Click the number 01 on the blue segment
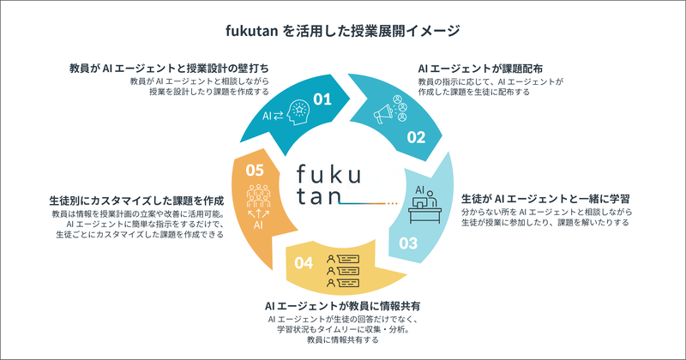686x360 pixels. [322, 99]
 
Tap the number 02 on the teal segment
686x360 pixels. [416, 136]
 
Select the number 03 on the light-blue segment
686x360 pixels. [409, 243]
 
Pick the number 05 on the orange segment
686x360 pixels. [255, 170]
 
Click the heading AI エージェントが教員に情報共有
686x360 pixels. [343, 304]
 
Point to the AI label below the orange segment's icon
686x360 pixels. [257, 225]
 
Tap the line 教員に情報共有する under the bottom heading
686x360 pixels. [343, 340]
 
